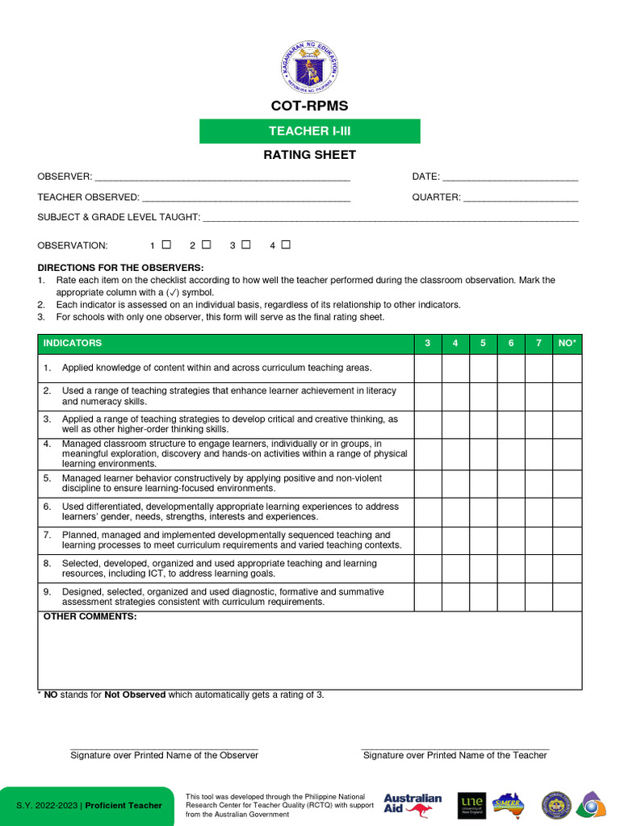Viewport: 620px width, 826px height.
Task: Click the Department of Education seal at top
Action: [310, 67]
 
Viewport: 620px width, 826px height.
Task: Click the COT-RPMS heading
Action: [310, 106]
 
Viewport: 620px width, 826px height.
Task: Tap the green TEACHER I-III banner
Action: [310, 131]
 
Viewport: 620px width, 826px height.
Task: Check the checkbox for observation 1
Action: [166, 244]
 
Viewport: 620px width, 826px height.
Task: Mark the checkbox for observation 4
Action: [286, 244]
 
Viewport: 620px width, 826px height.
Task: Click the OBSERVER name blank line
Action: [222, 177]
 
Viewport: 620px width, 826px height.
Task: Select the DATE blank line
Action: [510, 177]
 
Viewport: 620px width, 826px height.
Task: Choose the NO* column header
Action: [567, 344]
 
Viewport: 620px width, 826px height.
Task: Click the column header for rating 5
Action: [483, 344]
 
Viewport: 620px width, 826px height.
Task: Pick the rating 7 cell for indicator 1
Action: [538, 368]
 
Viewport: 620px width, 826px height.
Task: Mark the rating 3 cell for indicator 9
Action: [428, 597]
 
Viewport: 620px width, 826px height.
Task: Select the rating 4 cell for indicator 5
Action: [455, 483]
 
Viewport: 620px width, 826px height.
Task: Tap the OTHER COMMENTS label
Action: [90, 617]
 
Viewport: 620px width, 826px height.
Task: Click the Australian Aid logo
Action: [413, 804]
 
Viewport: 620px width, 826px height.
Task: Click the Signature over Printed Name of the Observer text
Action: [164, 755]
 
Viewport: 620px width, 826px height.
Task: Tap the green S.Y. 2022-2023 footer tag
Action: [87, 806]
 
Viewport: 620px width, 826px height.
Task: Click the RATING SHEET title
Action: [310, 155]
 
